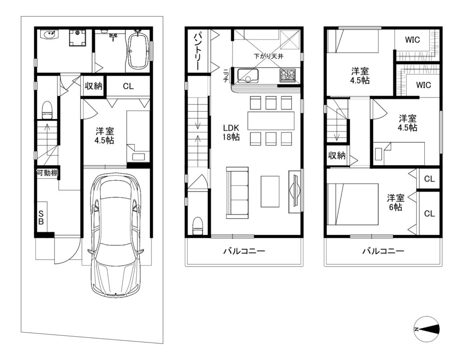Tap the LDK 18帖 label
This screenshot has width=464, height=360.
coord(231,132)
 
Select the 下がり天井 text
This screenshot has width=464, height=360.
coord(268,56)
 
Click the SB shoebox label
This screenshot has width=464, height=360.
coord(41,217)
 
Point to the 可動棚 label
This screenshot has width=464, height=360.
coord(47,173)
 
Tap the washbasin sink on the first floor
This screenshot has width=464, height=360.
coord(49,34)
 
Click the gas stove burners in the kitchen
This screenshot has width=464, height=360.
coord(287,75)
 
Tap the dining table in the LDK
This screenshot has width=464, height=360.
coord(271,120)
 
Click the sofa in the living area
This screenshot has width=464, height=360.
coord(237,193)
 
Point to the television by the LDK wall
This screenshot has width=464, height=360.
coord(295,191)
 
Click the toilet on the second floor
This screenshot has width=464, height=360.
coord(198,226)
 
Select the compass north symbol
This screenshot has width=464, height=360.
coord(427,329)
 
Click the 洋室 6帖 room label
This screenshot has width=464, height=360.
coord(396,202)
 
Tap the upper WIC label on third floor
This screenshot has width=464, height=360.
coord(412,40)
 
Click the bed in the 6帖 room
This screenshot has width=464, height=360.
coord(353,204)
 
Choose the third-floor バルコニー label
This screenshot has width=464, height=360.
coord(383,251)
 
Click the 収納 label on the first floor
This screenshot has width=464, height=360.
coord(93,86)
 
